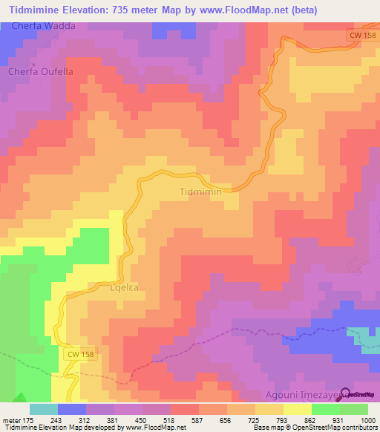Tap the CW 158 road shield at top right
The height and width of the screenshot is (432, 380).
(x=363, y=35)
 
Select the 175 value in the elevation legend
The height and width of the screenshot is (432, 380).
(x=30, y=420)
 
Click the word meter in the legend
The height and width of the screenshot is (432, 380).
(x=13, y=420)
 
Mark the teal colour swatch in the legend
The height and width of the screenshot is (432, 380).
(x=44, y=409)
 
